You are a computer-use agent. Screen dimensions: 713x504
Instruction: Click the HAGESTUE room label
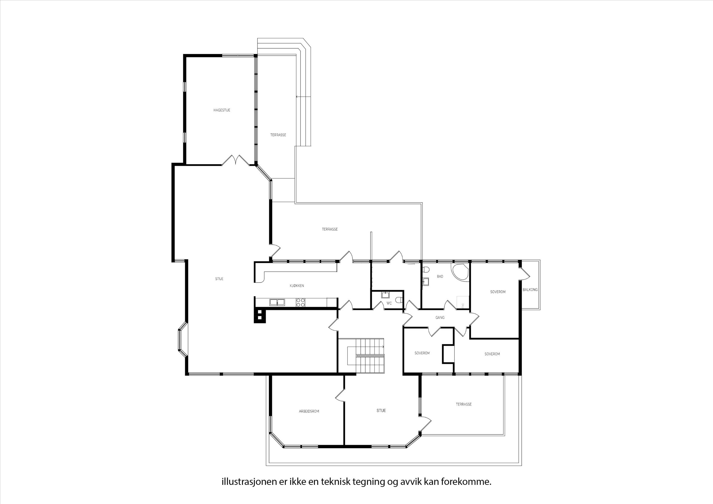[x=222, y=110]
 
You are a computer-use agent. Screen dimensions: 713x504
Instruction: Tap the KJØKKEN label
[x=297, y=286]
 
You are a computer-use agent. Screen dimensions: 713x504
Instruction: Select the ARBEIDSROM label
[x=309, y=411]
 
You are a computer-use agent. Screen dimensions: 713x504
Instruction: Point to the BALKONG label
[x=530, y=290]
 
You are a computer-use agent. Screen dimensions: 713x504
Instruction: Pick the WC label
[x=389, y=303]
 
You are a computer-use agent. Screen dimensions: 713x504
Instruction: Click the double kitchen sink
[x=277, y=302]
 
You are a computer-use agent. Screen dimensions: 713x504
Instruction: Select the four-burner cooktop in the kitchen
[x=300, y=302]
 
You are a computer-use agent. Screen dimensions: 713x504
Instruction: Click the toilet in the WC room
[x=401, y=300]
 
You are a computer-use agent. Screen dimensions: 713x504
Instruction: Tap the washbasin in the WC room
[x=385, y=295]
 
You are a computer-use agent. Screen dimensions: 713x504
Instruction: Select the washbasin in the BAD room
[x=426, y=281]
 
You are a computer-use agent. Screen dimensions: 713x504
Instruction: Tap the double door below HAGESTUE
[x=236, y=160]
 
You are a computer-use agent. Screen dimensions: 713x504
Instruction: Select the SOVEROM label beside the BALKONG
[x=498, y=292]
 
